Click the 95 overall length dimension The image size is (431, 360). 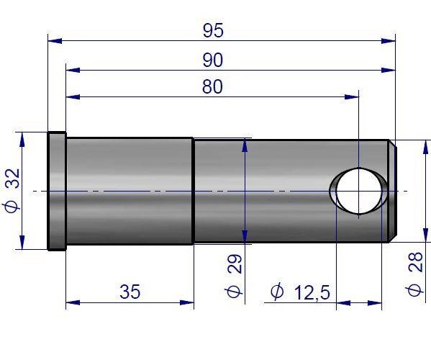[213, 30]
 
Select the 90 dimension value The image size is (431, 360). [213, 60]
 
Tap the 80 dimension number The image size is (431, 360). [212, 86]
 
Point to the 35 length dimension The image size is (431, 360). [130, 292]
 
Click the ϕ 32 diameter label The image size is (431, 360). [12, 190]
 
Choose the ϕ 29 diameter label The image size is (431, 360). [234, 276]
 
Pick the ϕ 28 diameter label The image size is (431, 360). [414, 274]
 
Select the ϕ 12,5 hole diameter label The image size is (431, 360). [300, 292]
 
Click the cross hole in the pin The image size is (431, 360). [359, 191]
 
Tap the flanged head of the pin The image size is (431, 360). [57, 191]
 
